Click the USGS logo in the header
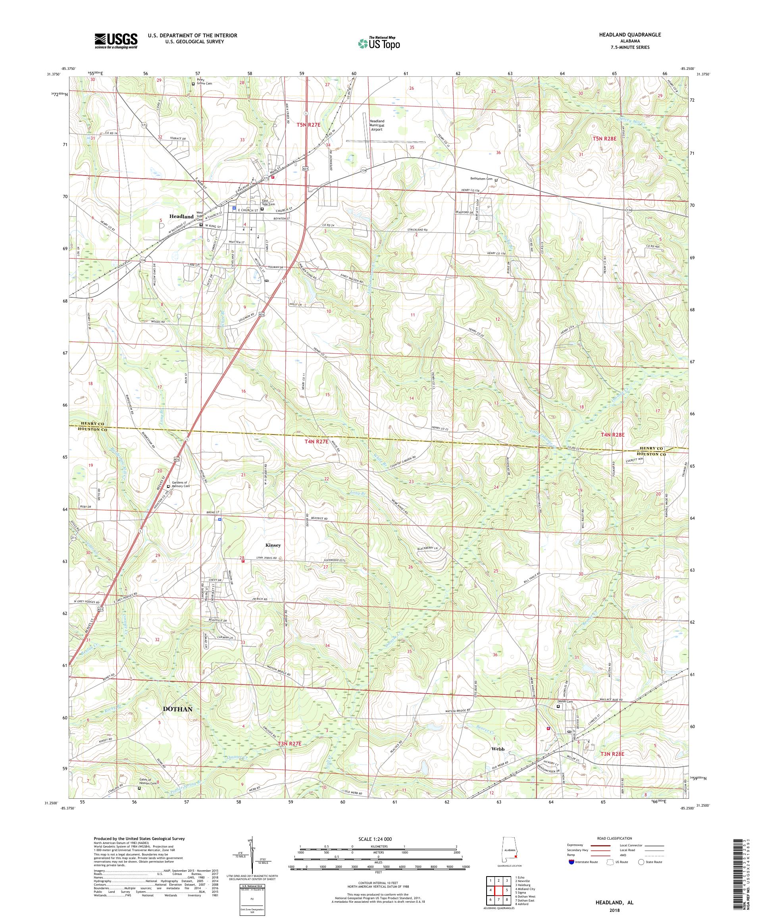pyautogui.click(x=116, y=41)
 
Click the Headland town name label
pyautogui.click(x=181, y=217)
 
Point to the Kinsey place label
pyautogui.click(x=273, y=545)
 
